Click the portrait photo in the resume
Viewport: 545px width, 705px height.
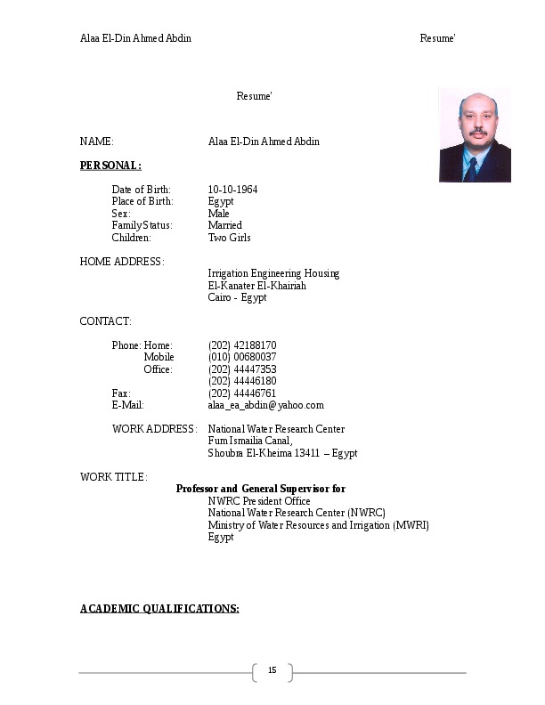point(475,134)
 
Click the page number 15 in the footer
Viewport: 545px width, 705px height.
point(272,671)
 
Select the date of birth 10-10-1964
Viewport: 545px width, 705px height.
point(232,190)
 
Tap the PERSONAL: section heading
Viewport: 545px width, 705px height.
point(110,166)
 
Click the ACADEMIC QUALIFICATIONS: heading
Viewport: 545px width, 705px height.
point(159,609)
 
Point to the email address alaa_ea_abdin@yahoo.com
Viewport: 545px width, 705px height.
point(265,405)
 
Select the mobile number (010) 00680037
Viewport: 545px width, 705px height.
point(242,357)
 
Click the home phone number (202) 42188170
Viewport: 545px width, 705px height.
point(242,345)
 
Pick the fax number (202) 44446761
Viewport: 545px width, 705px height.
point(242,393)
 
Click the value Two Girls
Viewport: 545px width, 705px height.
point(229,238)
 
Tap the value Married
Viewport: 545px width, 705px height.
point(224,226)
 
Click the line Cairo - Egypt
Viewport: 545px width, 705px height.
point(237,297)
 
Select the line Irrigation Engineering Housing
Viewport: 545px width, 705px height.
point(273,273)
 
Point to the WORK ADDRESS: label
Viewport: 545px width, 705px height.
point(154,429)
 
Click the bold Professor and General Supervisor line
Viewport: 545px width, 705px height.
point(261,489)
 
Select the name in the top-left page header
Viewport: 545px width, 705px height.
point(135,38)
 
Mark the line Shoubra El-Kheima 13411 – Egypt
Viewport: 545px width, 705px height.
point(282,453)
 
